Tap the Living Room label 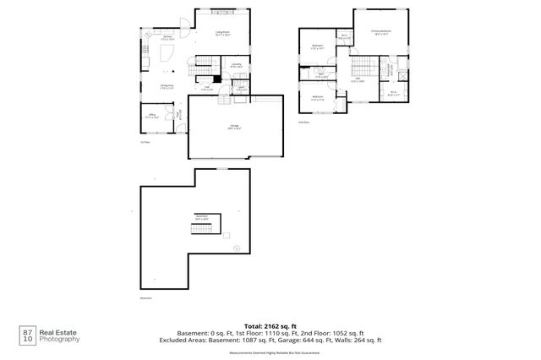pos(224,34)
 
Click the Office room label pos(152,115)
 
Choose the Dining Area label pos(167,86)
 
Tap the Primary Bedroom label pos(380,32)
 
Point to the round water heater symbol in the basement pos(238,248)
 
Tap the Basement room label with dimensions pos(202,217)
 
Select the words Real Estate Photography pos(61,334)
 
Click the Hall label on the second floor pos(358,80)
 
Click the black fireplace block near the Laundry pos(217,79)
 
